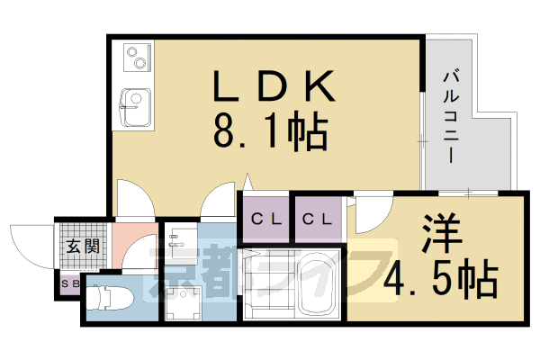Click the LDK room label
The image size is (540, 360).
(274, 85)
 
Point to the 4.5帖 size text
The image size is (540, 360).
(441, 278)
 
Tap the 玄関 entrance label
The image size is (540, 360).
(83, 247)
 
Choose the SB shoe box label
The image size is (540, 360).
(70, 284)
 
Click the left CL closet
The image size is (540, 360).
(266, 219)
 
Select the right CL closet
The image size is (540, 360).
(318, 219)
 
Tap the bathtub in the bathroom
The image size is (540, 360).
(317, 284)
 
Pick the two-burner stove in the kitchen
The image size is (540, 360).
(138, 58)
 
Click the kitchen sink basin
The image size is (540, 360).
(137, 107)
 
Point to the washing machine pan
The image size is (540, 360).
(183, 303)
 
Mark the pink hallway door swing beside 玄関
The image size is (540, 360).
(139, 251)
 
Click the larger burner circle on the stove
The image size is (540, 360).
(140, 63)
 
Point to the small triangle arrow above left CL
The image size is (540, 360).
(247, 182)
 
